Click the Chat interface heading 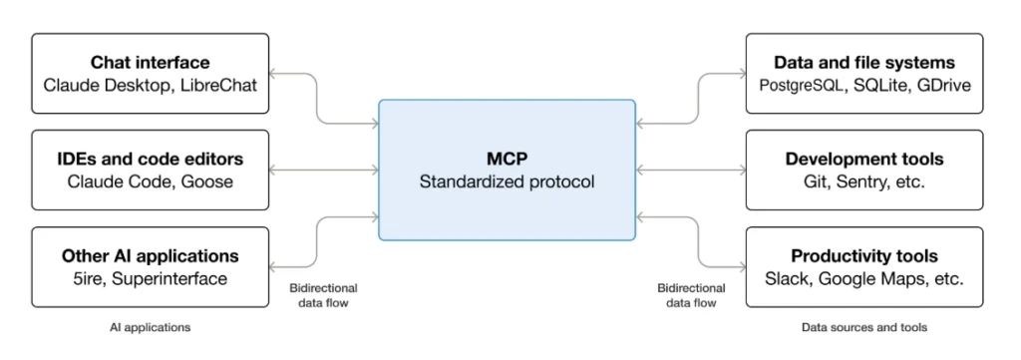tap(151, 63)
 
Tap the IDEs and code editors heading tap(151, 160)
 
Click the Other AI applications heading tap(151, 256)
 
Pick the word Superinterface tap(171, 278)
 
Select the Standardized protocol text tap(507, 181)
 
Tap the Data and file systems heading tap(863, 63)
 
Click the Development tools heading tap(863, 160)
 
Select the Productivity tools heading tap(863, 256)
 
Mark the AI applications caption tap(150, 327)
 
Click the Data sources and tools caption tap(863, 327)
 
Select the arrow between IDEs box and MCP tap(324, 170)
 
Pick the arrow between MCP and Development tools tap(690, 170)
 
